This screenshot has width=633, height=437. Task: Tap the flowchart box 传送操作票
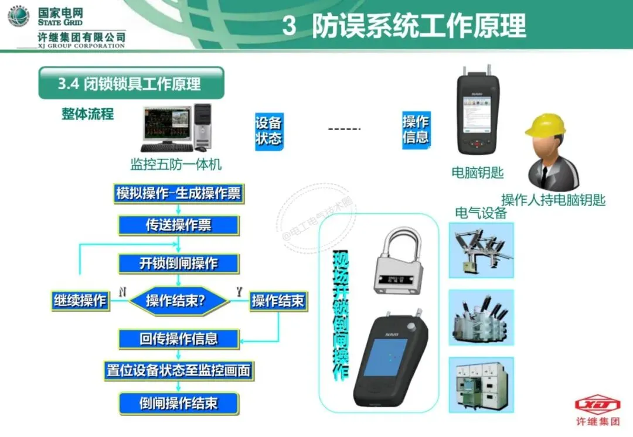click(178, 226)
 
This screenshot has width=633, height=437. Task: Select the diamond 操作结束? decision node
click(178, 301)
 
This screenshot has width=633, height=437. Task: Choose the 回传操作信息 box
click(178, 339)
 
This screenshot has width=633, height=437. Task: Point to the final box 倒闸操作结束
click(178, 404)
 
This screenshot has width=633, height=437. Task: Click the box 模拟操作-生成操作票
click(178, 194)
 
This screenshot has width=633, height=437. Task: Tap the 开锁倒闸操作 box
click(178, 264)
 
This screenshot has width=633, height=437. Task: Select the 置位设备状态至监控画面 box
click(178, 370)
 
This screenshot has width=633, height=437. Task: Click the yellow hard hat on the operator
click(546, 125)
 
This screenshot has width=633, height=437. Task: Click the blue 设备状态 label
click(268, 131)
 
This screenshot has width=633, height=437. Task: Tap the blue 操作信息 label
click(416, 130)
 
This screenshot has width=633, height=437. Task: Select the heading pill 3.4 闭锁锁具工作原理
click(131, 83)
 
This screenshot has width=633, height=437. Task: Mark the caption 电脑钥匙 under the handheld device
click(478, 173)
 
